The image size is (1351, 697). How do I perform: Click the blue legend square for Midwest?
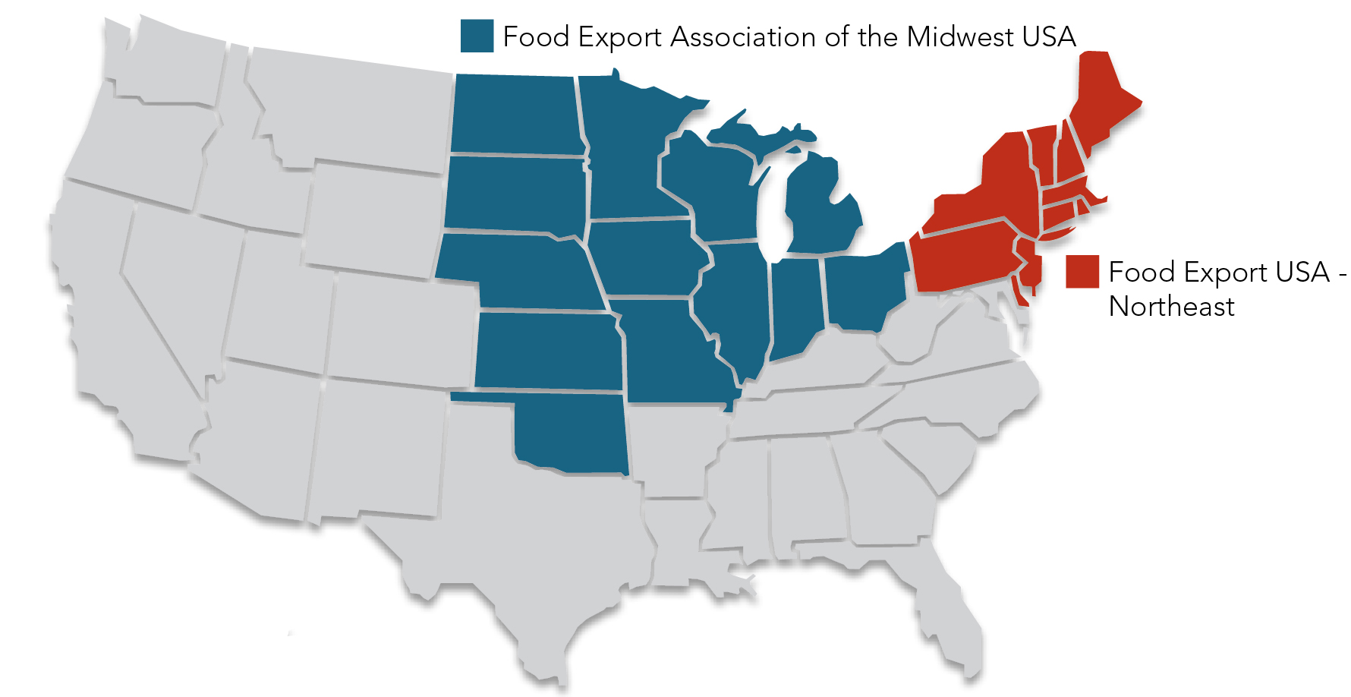click(x=477, y=36)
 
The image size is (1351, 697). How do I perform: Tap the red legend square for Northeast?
click(x=1082, y=272)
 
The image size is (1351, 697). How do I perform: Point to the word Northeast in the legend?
click(x=1171, y=307)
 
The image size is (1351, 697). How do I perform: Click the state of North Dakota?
click(x=516, y=114)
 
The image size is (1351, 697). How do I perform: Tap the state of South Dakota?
click(x=515, y=193)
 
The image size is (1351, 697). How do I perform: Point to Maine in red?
click(x=1101, y=99)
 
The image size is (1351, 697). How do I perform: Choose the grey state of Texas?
click(x=531, y=547)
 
